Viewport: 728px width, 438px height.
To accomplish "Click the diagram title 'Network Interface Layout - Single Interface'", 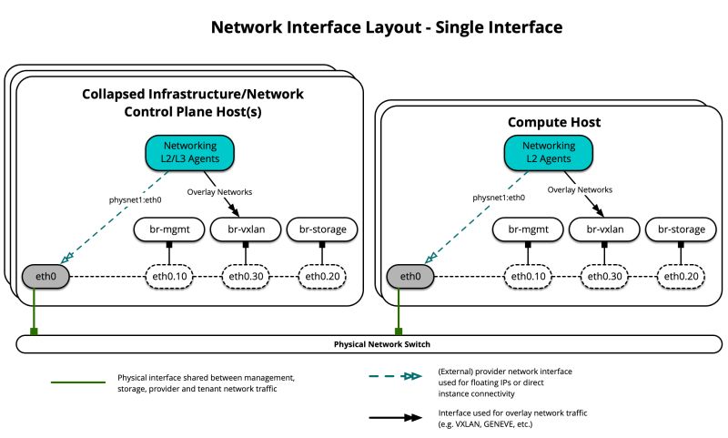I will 386,27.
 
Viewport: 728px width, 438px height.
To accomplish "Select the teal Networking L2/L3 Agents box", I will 189,152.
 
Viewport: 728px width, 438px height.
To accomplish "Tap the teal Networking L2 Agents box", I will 548,152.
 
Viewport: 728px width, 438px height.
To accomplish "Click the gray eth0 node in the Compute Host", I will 405,276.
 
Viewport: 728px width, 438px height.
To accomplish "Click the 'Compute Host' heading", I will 553,121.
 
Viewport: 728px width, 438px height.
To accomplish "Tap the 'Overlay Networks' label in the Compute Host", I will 579,190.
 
